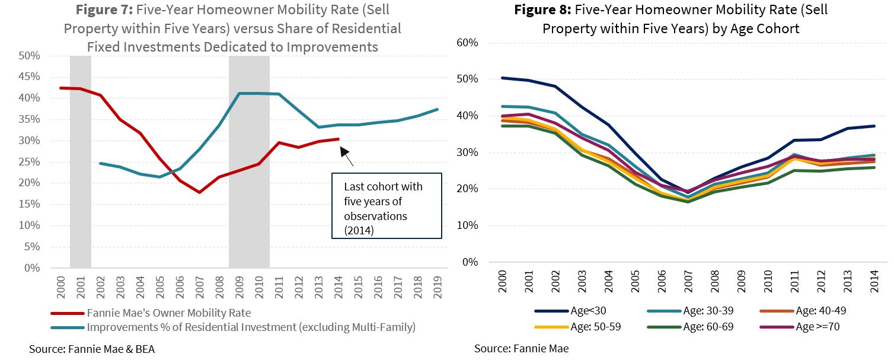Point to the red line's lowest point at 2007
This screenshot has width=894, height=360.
pyautogui.click(x=200, y=192)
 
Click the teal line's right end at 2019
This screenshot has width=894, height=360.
pyautogui.click(x=438, y=109)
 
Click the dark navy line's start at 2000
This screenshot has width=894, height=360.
pyautogui.click(x=503, y=78)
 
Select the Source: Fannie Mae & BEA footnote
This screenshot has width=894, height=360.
pyautogui.click(x=92, y=349)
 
